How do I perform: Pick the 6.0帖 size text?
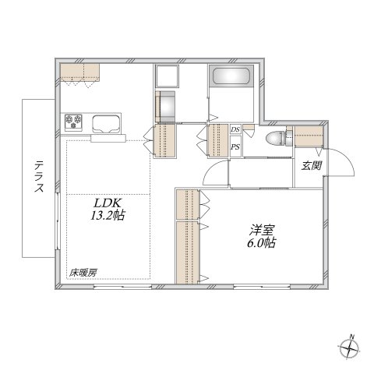pos(262,243)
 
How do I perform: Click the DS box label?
pos(235,130)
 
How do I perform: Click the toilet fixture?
pos(275,139)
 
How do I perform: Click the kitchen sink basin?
pos(108,122)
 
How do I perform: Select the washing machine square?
pos(168,78)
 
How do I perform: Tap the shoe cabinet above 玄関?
pos(309,136)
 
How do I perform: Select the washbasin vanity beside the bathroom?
pos(167,106)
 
